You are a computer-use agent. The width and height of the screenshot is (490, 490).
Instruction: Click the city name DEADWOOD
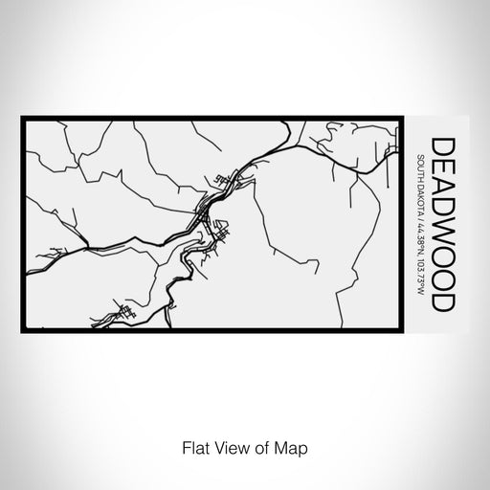click(444, 225)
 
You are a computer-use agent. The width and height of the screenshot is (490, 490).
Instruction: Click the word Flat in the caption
click(189, 446)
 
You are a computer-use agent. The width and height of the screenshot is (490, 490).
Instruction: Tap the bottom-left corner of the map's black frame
click(23, 331)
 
